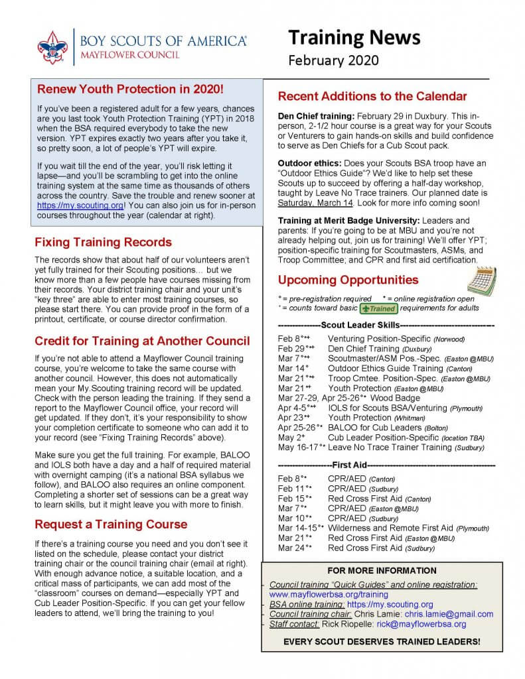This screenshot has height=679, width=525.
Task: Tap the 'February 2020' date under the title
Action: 333,60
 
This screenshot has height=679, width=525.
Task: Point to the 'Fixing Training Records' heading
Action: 103,241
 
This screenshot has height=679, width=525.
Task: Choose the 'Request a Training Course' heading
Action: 111,525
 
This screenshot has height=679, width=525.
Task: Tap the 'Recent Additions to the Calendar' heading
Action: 372,96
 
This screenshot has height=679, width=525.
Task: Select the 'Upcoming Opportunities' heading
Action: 348,279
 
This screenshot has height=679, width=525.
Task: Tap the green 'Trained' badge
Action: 378,308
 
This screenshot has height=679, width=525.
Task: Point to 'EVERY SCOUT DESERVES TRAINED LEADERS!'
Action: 382,643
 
